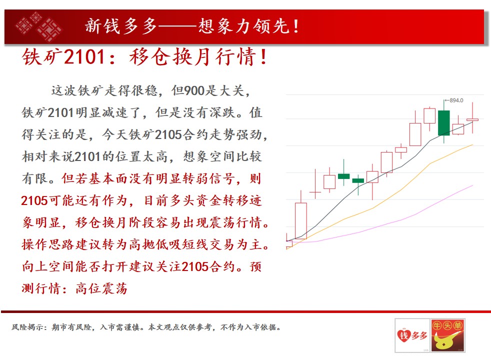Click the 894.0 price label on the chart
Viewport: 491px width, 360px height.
click(456, 100)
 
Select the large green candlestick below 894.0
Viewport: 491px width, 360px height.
click(443, 122)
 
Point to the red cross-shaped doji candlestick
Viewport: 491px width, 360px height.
click(315, 192)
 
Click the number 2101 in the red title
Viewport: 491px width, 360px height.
click(84, 57)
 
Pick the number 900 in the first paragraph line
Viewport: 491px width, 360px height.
click(194, 90)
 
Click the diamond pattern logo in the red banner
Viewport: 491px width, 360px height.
click(39, 26)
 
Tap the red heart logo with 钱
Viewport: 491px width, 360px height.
click(404, 336)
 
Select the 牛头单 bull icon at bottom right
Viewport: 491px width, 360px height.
click(447, 335)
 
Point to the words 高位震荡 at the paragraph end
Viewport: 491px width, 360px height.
click(101, 288)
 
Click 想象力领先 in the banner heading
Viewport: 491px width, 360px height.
click(244, 26)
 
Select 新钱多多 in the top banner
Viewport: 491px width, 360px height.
click(121, 26)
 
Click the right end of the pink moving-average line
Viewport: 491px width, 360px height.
click(472, 185)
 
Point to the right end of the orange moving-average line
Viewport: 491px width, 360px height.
click(472, 144)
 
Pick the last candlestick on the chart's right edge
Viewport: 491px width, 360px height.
click(472, 119)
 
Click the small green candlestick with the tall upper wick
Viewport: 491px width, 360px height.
click(344, 176)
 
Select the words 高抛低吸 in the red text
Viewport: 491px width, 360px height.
click(155, 244)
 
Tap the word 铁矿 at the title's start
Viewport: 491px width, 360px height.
click(42, 57)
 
